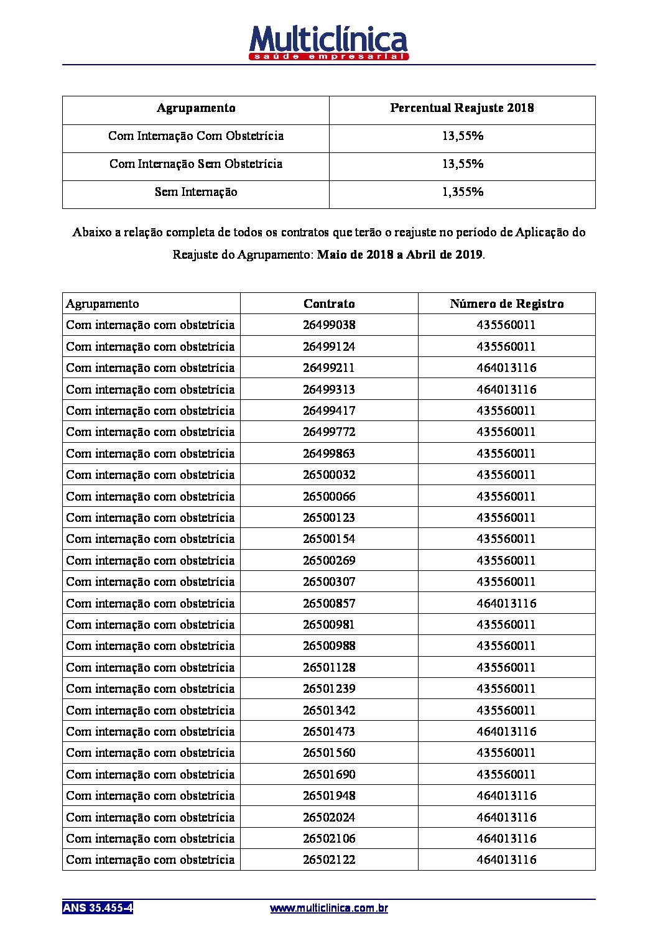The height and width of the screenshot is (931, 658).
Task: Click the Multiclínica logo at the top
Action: click(x=328, y=42)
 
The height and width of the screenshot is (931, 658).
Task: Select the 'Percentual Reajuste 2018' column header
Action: click(x=461, y=108)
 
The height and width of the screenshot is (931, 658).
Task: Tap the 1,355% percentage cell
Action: click(x=462, y=192)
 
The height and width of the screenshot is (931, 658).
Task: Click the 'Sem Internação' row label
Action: click(x=196, y=192)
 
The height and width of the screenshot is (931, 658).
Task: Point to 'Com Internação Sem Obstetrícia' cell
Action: click(x=196, y=164)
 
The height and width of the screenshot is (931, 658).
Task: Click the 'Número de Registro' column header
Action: click(x=506, y=304)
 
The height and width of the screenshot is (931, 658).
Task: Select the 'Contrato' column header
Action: click(x=329, y=304)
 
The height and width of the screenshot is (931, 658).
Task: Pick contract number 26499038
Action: click(x=329, y=325)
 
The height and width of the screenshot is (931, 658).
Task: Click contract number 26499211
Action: click(x=329, y=368)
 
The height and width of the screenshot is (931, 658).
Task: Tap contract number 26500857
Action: click(x=329, y=603)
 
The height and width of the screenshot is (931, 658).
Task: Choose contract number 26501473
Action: click(x=329, y=732)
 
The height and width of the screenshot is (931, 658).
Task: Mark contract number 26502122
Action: click(x=329, y=860)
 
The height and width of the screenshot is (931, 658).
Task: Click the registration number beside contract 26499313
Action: click(x=506, y=390)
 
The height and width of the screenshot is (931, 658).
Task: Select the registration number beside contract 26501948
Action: click(x=506, y=796)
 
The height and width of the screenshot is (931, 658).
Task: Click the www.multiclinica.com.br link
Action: click(x=329, y=909)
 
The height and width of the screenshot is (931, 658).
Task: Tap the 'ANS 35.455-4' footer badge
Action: click(x=98, y=908)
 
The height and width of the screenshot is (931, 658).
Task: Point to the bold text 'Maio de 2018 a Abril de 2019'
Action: click(x=400, y=255)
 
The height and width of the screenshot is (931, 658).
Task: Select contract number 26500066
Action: click(x=329, y=497)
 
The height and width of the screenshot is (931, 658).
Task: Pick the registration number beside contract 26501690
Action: click(x=506, y=775)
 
